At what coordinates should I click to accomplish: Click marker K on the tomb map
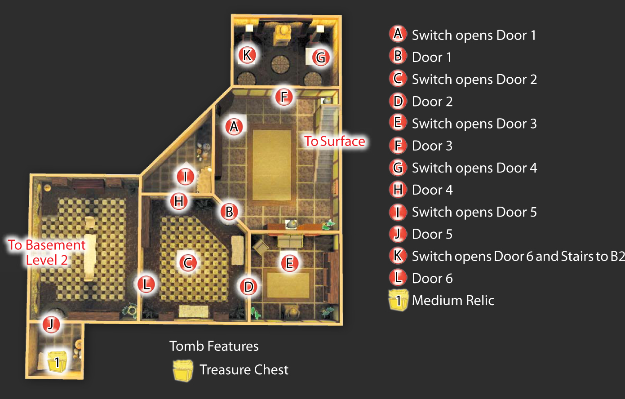pyautogui.click(x=247, y=55)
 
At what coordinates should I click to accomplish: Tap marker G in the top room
pyautogui.click(x=321, y=58)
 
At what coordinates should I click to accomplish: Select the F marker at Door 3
pyautogui.click(x=284, y=97)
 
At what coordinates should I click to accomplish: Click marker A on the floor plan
pyautogui.click(x=234, y=127)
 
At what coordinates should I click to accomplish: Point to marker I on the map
pyautogui.click(x=185, y=176)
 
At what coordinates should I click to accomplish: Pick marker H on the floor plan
pyautogui.click(x=179, y=201)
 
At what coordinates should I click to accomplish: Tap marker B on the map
pyautogui.click(x=229, y=212)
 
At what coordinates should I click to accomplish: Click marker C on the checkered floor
pyautogui.click(x=188, y=263)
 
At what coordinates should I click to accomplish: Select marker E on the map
pyautogui.click(x=290, y=263)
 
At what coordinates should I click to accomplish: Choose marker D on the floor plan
pyautogui.click(x=248, y=287)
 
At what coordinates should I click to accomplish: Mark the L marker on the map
pyautogui.click(x=146, y=284)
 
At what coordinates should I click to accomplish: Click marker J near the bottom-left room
pyautogui.click(x=51, y=324)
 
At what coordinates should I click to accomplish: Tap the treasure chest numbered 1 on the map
pyautogui.click(x=57, y=362)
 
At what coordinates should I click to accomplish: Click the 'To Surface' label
pyautogui.click(x=335, y=141)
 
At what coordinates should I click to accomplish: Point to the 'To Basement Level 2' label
pyautogui.click(x=47, y=252)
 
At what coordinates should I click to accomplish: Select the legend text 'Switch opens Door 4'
pyautogui.click(x=474, y=168)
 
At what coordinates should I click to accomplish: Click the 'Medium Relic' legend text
pyautogui.click(x=453, y=301)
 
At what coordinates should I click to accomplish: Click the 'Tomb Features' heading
pyautogui.click(x=214, y=346)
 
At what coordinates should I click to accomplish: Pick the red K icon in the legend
pyautogui.click(x=398, y=256)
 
